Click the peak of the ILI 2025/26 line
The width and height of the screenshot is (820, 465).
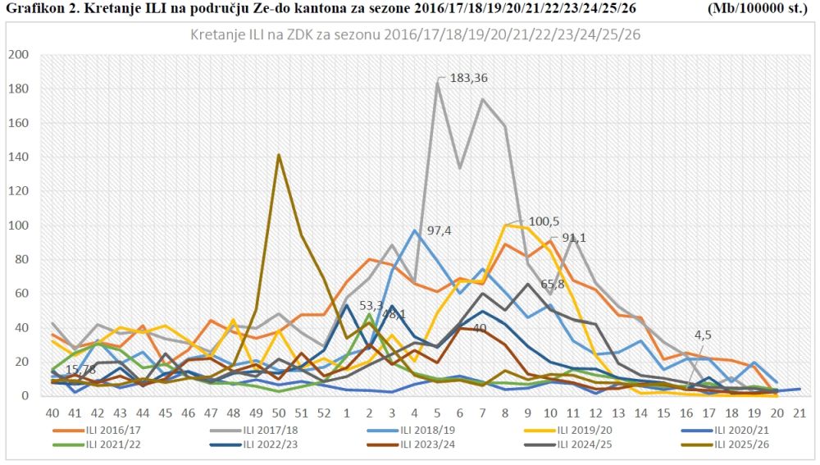(279, 154)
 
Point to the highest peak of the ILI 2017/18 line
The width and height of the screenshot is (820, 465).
(437, 82)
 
